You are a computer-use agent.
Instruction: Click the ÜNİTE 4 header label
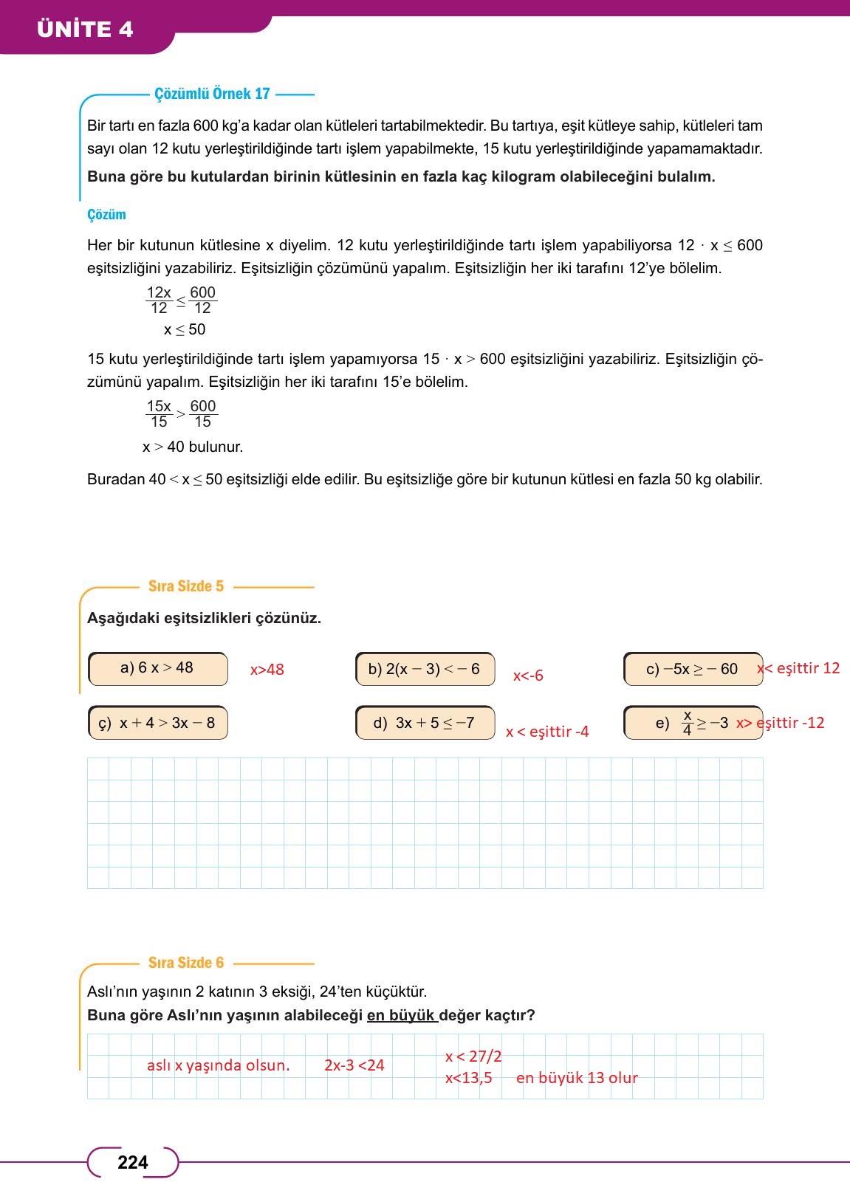[x=85, y=29]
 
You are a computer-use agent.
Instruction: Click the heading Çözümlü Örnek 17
[x=212, y=94]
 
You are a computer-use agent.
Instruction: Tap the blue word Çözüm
[x=106, y=215]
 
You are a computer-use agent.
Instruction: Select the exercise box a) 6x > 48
[x=157, y=668]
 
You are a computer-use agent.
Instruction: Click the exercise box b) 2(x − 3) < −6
[x=425, y=669]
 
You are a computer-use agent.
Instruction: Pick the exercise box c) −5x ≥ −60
[x=692, y=669]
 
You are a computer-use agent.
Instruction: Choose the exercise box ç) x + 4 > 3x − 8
[x=157, y=723]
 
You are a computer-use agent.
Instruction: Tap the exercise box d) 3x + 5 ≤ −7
[x=425, y=723]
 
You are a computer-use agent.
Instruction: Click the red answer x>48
[x=267, y=670]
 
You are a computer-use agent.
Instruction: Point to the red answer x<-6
[x=528, y=676]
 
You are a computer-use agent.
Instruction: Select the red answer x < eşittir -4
[x=547, y=732]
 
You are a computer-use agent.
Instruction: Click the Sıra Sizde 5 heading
[x=185, y=586]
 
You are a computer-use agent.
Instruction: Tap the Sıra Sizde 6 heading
[x=185, y=963]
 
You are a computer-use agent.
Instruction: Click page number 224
[x=133, y=1163]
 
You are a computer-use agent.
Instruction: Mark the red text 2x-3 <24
[x=354, y=1065]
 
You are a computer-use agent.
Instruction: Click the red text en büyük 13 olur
[x=577, y=1078]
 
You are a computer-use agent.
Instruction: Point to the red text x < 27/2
[x=473, y=1057]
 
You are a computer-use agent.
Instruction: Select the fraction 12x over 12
[x=159, y=300]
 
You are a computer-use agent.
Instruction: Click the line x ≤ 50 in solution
[x=185, y=330]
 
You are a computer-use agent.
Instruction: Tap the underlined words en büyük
[x=402, y=1015]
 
